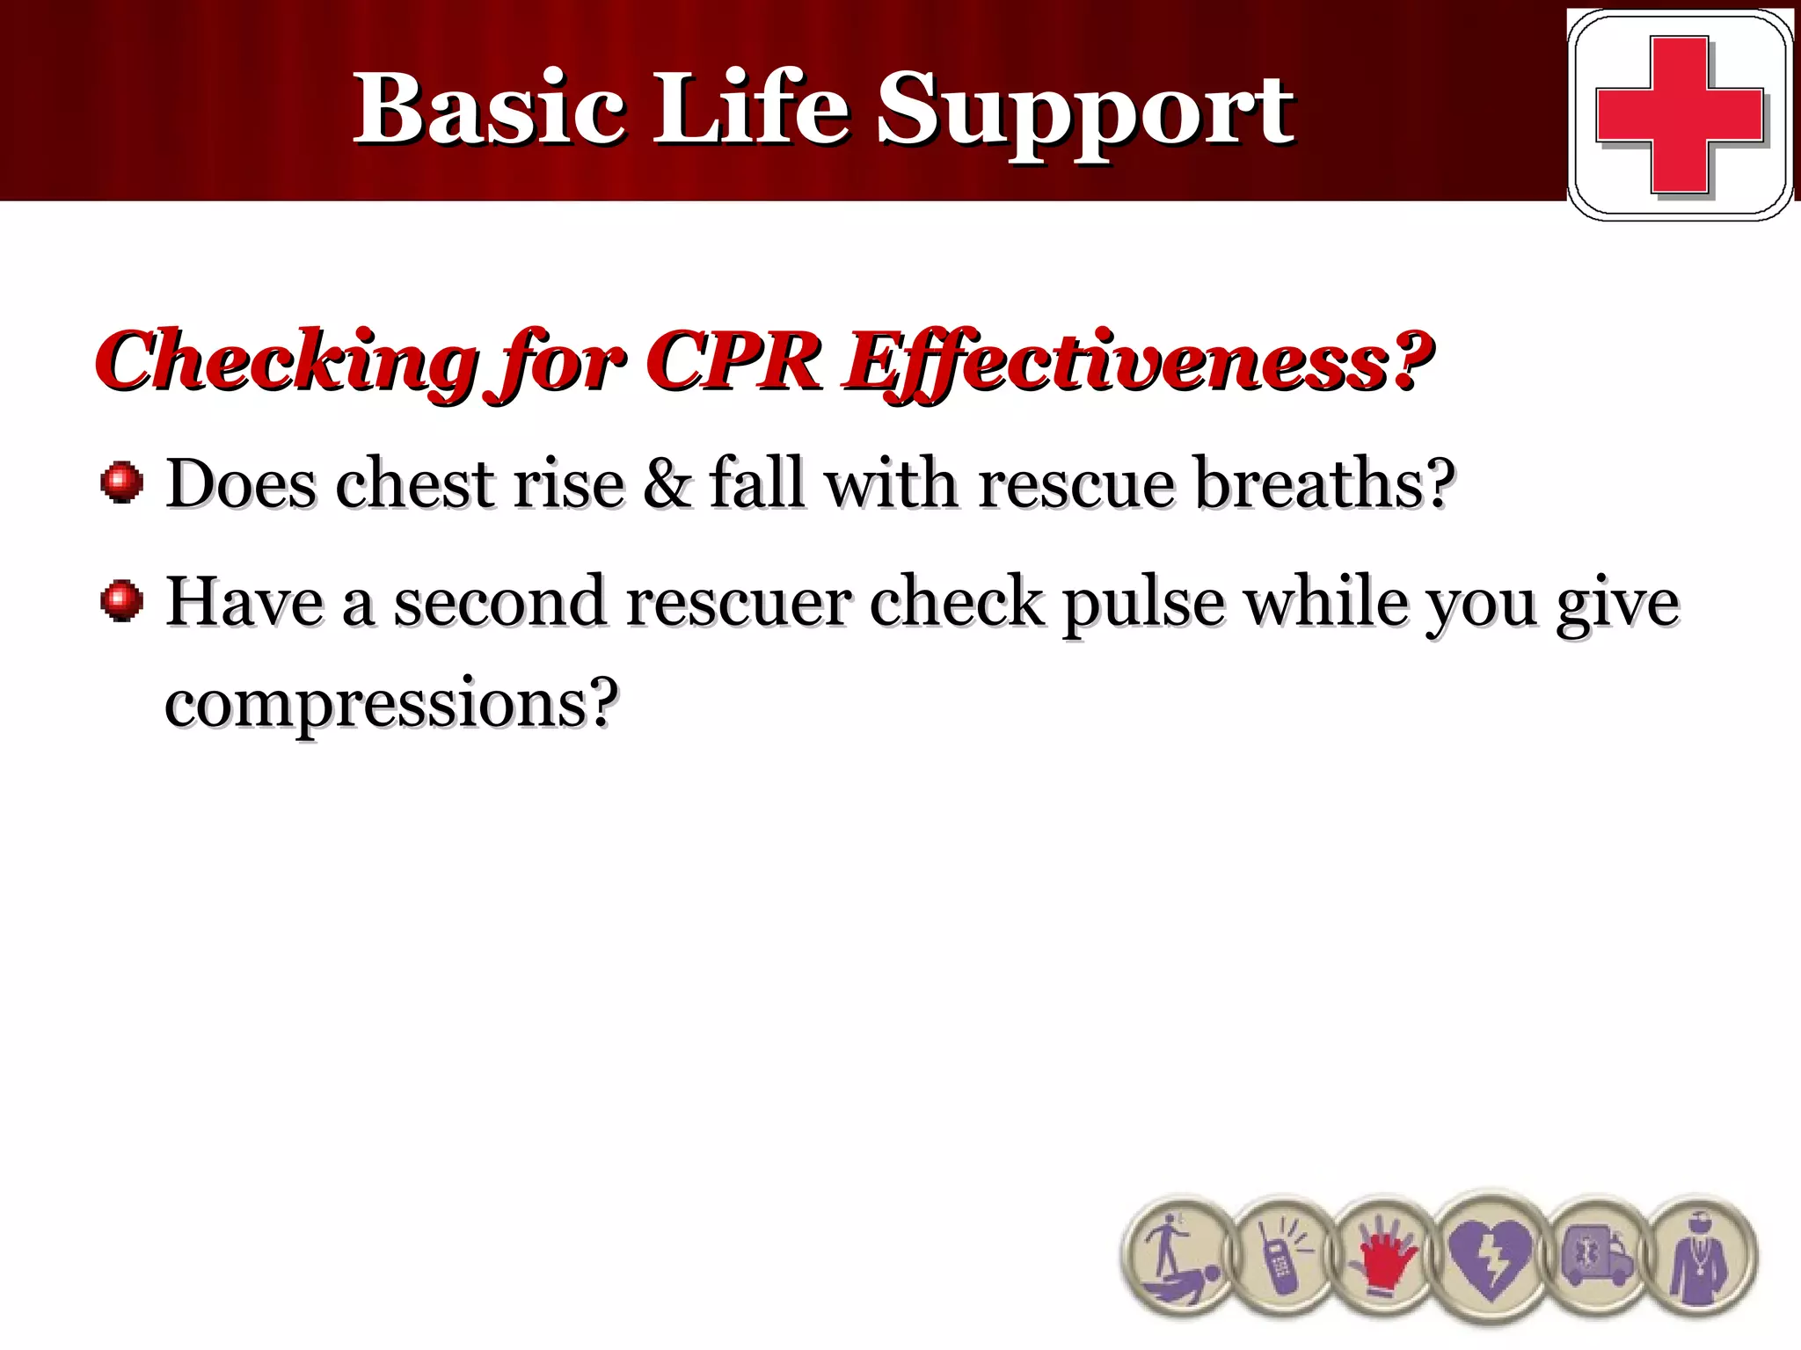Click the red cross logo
click(1680, 114)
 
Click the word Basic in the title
click(489, 110)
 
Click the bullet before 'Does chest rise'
click(121, 483)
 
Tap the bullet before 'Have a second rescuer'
click(121, 602)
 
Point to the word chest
click(413, 484)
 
